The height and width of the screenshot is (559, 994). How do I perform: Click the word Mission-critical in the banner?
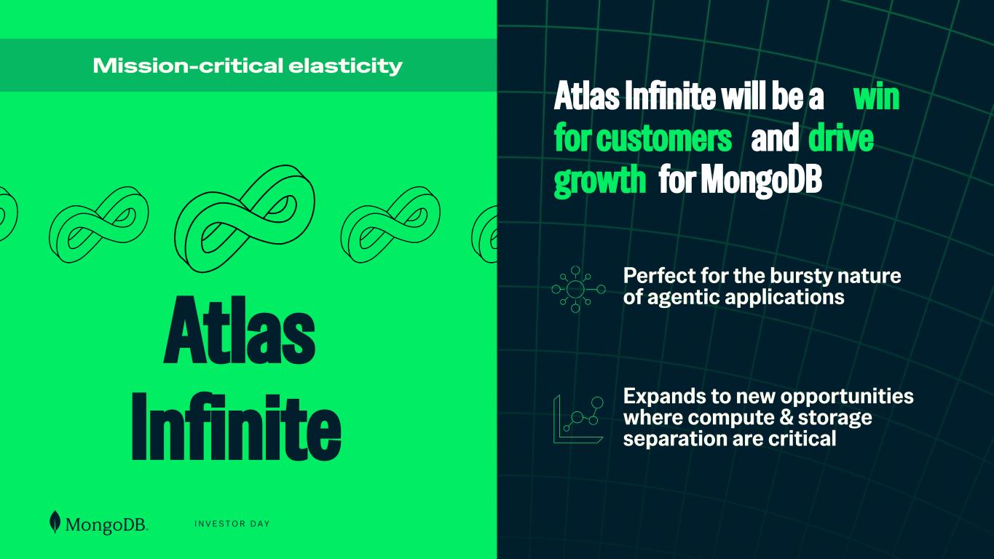(x=188, y=66)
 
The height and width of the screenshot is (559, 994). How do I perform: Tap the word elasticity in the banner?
(x=345, y=66)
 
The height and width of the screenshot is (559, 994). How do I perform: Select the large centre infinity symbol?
(x=245, y=218)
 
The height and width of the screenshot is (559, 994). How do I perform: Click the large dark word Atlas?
(x=240, y=330)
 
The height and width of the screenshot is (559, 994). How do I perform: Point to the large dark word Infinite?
(x=237, y=427)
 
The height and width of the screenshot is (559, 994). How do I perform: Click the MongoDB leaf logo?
(x=55, y=522)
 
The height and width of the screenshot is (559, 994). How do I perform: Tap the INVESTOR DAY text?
(x=232, y=524)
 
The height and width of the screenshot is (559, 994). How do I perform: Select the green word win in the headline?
(x=876, y=97)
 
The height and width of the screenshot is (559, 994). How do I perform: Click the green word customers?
(x=664, y=138)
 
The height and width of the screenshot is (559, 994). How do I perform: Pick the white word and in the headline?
(x=775, y=138)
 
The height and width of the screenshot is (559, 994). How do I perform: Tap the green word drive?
(x=841, y=138)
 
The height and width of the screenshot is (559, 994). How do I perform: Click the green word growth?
(x=600, y=180)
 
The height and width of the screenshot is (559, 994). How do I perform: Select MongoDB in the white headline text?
(x=762, y=179)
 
